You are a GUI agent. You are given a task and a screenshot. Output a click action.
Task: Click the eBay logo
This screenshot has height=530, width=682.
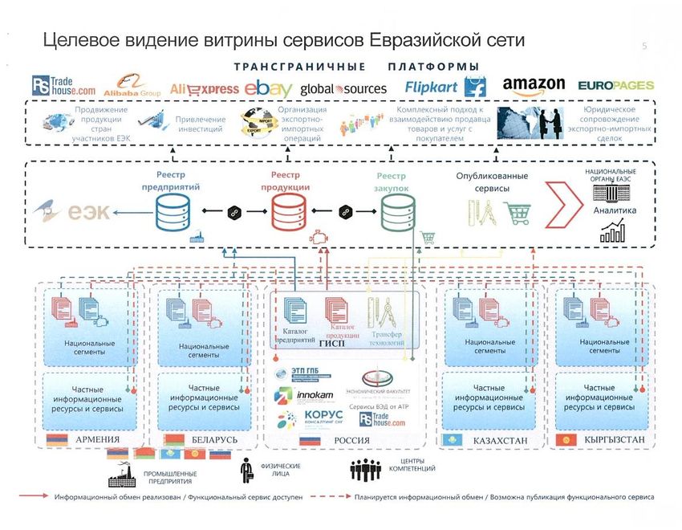269,88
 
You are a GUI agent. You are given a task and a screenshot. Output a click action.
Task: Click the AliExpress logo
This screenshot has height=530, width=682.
205,89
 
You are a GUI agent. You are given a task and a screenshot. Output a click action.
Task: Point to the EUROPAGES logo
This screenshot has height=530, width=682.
616,85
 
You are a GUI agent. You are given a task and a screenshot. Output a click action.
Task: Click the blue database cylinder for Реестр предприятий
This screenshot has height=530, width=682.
173,212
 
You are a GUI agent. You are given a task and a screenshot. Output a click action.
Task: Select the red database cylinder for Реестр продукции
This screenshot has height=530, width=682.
289,212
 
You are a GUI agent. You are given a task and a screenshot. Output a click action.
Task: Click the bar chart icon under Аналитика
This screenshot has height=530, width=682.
614,232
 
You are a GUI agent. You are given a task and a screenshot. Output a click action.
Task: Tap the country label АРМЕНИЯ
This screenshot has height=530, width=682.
96,440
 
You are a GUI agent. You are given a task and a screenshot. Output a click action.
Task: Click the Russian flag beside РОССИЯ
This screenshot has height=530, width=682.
310,440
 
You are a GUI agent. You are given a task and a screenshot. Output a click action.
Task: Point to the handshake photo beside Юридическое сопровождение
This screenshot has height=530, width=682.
530,124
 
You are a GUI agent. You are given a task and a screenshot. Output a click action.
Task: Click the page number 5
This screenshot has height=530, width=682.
644,47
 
